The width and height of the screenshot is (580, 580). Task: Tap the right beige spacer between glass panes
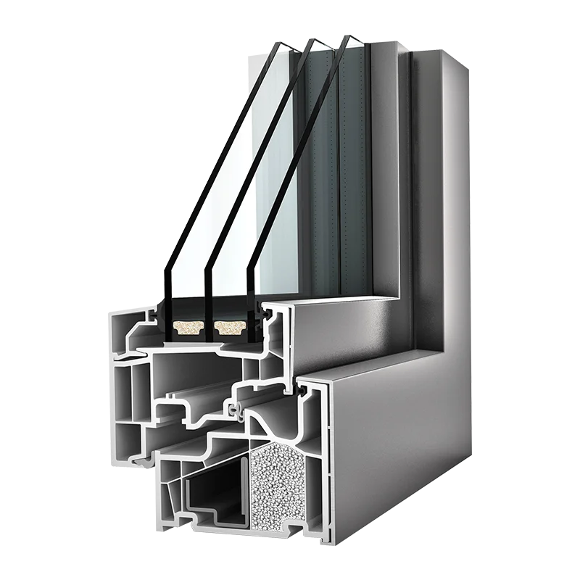click(x=231, y=330)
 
